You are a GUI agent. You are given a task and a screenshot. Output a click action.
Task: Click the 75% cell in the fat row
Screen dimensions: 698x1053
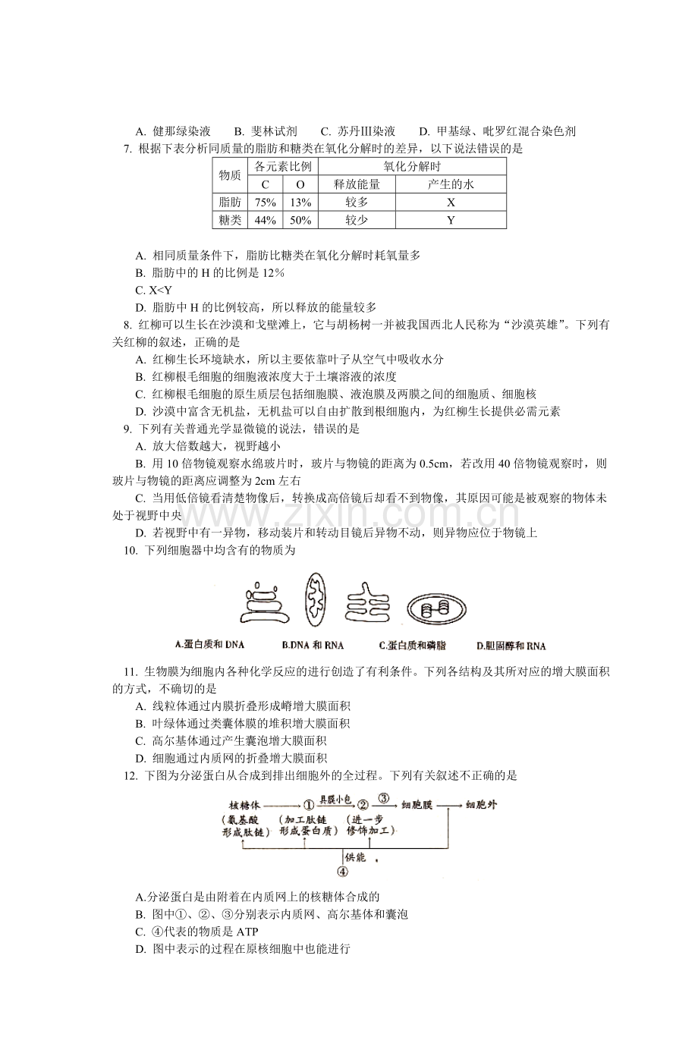point(265,203)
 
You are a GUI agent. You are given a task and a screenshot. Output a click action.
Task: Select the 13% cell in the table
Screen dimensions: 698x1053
point(300,203)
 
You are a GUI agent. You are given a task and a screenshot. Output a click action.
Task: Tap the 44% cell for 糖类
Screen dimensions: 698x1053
point(265,220)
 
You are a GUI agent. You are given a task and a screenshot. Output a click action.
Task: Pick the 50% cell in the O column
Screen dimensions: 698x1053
point(300,220)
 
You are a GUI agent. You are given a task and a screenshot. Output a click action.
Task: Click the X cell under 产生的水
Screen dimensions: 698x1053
point(451,203)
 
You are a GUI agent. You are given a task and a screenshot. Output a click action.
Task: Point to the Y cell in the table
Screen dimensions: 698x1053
point(451,220)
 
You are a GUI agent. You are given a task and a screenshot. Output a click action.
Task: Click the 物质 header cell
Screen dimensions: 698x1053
point(230,175)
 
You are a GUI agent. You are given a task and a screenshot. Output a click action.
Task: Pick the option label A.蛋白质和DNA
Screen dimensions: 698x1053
point(209,645)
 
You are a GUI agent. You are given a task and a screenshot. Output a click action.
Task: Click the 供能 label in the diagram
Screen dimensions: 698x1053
point(356,857)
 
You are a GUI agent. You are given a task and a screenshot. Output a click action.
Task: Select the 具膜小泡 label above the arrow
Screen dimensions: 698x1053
point(336,799)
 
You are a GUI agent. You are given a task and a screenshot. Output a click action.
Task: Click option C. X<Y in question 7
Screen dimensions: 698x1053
point(153,290)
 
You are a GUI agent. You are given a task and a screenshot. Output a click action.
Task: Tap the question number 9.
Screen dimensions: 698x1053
point(127,429)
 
